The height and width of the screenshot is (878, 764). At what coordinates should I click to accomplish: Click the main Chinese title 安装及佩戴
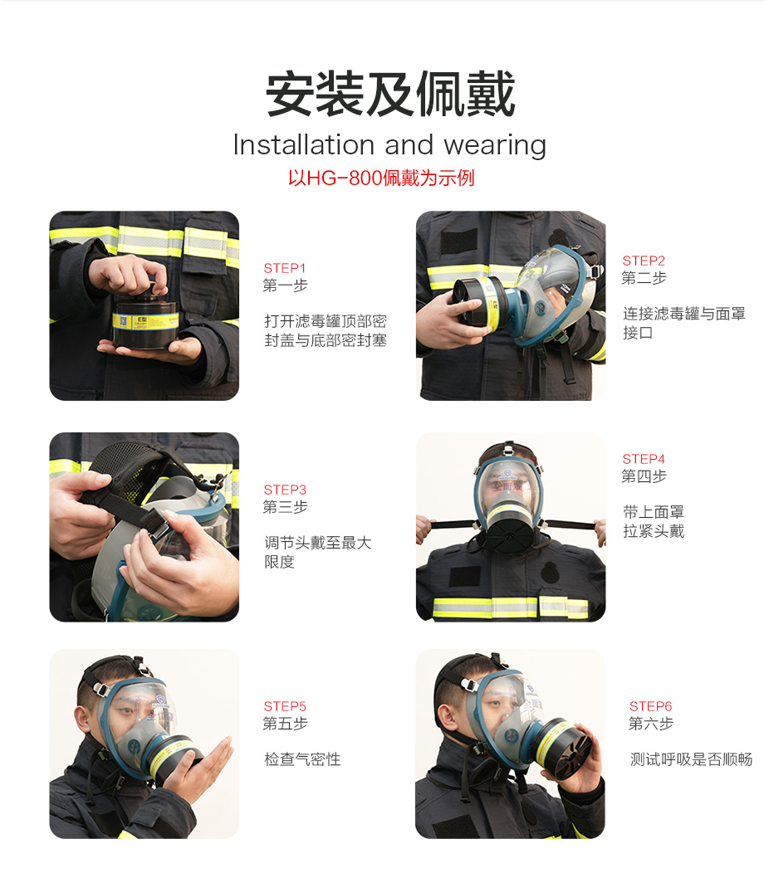click(390, 94)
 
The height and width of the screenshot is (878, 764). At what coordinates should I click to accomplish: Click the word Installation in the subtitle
click(303, 145)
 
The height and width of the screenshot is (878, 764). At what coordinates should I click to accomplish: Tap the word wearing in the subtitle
click(495, 146)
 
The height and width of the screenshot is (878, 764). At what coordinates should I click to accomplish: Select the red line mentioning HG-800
click(381, 178)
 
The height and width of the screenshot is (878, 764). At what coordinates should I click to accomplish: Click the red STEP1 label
click(285, 268)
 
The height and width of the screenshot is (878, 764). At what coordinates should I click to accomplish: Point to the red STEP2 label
click(644, 261)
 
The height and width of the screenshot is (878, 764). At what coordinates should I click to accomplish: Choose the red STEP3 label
click(285, 490)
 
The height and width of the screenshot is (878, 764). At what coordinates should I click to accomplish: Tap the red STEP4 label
click(644, 459)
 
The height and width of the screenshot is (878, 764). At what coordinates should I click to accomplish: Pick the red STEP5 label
click(285, 706)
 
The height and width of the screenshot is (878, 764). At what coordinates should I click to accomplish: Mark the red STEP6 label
click(650, 706)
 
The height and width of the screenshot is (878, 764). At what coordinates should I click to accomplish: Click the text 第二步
click(644, 278)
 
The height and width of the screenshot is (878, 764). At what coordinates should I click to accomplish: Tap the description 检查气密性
click(302, 759)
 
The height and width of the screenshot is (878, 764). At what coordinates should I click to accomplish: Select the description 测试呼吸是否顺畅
click(691, 759)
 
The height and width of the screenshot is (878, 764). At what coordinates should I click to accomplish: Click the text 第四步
click(644, 476)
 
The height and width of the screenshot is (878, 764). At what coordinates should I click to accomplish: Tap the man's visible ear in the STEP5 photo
click(83, 722)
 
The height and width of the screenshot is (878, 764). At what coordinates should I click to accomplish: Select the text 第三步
click(286, 507)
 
